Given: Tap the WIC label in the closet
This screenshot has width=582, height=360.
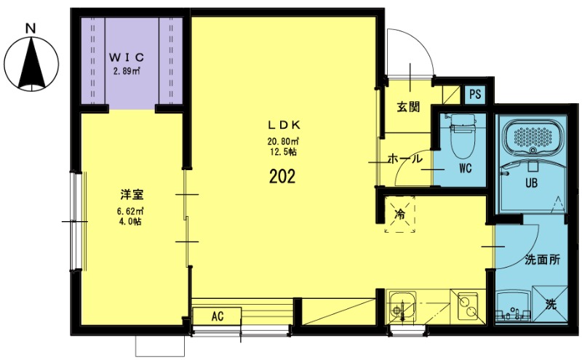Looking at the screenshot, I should pos(127,57).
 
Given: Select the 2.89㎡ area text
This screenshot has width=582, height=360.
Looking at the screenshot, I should pos(127,72).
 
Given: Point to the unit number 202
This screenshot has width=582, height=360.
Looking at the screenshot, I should pos(282,177).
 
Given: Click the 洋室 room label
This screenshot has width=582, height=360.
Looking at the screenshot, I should pos(131,195).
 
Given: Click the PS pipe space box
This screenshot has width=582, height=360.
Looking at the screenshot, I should pos(475,95).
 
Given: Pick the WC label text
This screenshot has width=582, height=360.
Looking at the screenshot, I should pos(466,169).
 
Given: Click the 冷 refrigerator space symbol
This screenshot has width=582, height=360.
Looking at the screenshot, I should pos(399,215).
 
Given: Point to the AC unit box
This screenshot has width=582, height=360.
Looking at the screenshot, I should pos(216,317).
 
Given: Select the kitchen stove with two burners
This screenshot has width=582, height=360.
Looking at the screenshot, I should pos(466,305).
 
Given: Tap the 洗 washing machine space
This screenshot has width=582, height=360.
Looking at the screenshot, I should pos(552,305).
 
